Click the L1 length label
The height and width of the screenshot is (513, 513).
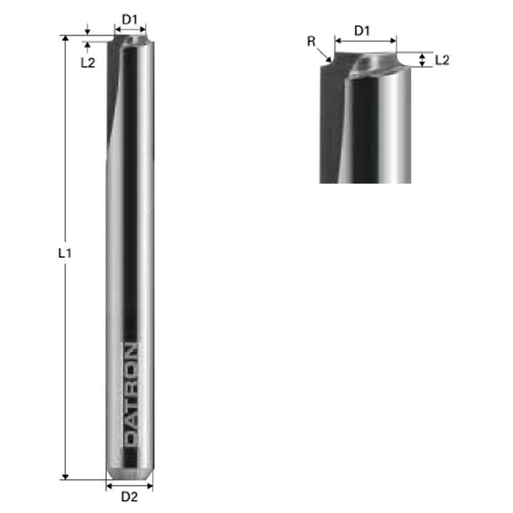(64, 253)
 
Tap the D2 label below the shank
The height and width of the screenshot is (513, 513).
(129, 496)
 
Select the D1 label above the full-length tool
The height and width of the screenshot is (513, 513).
(130, 20)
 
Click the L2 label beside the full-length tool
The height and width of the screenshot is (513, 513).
(88, 63)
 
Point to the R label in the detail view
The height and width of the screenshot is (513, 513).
(311, 42)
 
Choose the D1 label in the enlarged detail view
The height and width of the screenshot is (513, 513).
(362, 31)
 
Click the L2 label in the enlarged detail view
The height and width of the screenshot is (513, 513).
(442, 60)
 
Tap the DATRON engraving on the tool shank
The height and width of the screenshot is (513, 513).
(131, 394)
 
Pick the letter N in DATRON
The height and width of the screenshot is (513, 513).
(131, 351)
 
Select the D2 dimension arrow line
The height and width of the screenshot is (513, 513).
(129, 484)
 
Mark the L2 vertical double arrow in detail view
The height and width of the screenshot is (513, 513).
(422, 60)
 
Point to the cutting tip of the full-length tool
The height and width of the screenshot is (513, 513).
(130, 40)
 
